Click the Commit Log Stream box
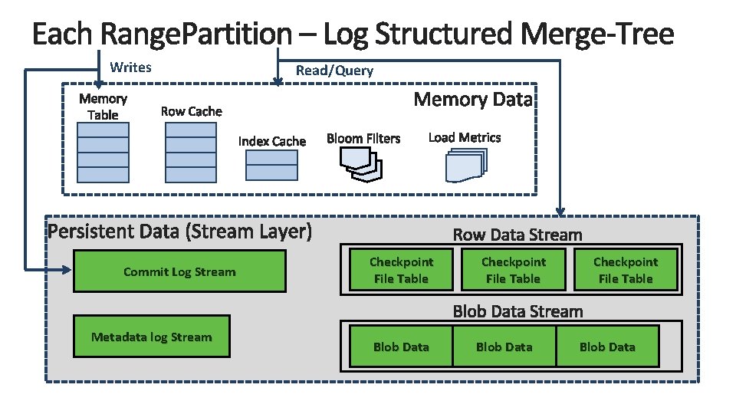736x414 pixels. (179, 272)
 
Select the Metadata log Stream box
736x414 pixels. (151, 337)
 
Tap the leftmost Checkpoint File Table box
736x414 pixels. (401, 270)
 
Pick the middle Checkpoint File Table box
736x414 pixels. (513, 270)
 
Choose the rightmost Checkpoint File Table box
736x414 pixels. (626, 270)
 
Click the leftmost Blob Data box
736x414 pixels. (401, 347)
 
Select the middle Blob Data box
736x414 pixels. (504, 347)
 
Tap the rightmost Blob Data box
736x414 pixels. (607, 347)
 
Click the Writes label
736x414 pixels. (130, 67)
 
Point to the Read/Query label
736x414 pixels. (334, 71)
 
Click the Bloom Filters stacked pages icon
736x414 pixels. (361, 163)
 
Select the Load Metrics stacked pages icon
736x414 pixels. (465, 164)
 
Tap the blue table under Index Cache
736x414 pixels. (271, 165)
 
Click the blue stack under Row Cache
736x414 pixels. (191, 152)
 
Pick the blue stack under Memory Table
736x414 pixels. (103, 152)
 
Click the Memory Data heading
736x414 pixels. (472, 100)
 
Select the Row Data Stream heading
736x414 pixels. (517, 235)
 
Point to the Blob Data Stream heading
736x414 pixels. (517, 311)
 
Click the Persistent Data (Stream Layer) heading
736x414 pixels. (179, 232)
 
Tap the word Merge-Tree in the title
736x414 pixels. (598, 34)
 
